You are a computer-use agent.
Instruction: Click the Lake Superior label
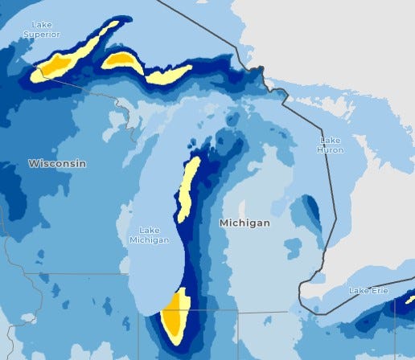pyautogui.click(x=40, y=30)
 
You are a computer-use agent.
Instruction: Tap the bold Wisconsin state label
pyautogui.click(x=57, y=163)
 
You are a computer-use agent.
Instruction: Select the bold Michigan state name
pyautogui.click(x=245, y=223)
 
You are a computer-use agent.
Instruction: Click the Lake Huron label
pyautogui.click(x=331, y=145)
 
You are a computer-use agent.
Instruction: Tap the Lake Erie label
pyautogui.click(x=368, y=289)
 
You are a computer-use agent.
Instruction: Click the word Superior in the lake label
pyautogui.click(x=40, y=35)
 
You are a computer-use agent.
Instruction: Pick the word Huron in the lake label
pyautogui.click(x=331, y=149)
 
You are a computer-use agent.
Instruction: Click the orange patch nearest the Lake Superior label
pyautogui.click(x=56, y=65)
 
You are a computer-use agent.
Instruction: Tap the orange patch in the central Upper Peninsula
pyautogui.click(x=123, y=60)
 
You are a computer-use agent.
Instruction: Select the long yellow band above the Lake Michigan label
pyautogui.click(x=189, y=189)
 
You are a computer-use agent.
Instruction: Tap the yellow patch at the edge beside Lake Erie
pyautogui.click(x=411, y=300)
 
